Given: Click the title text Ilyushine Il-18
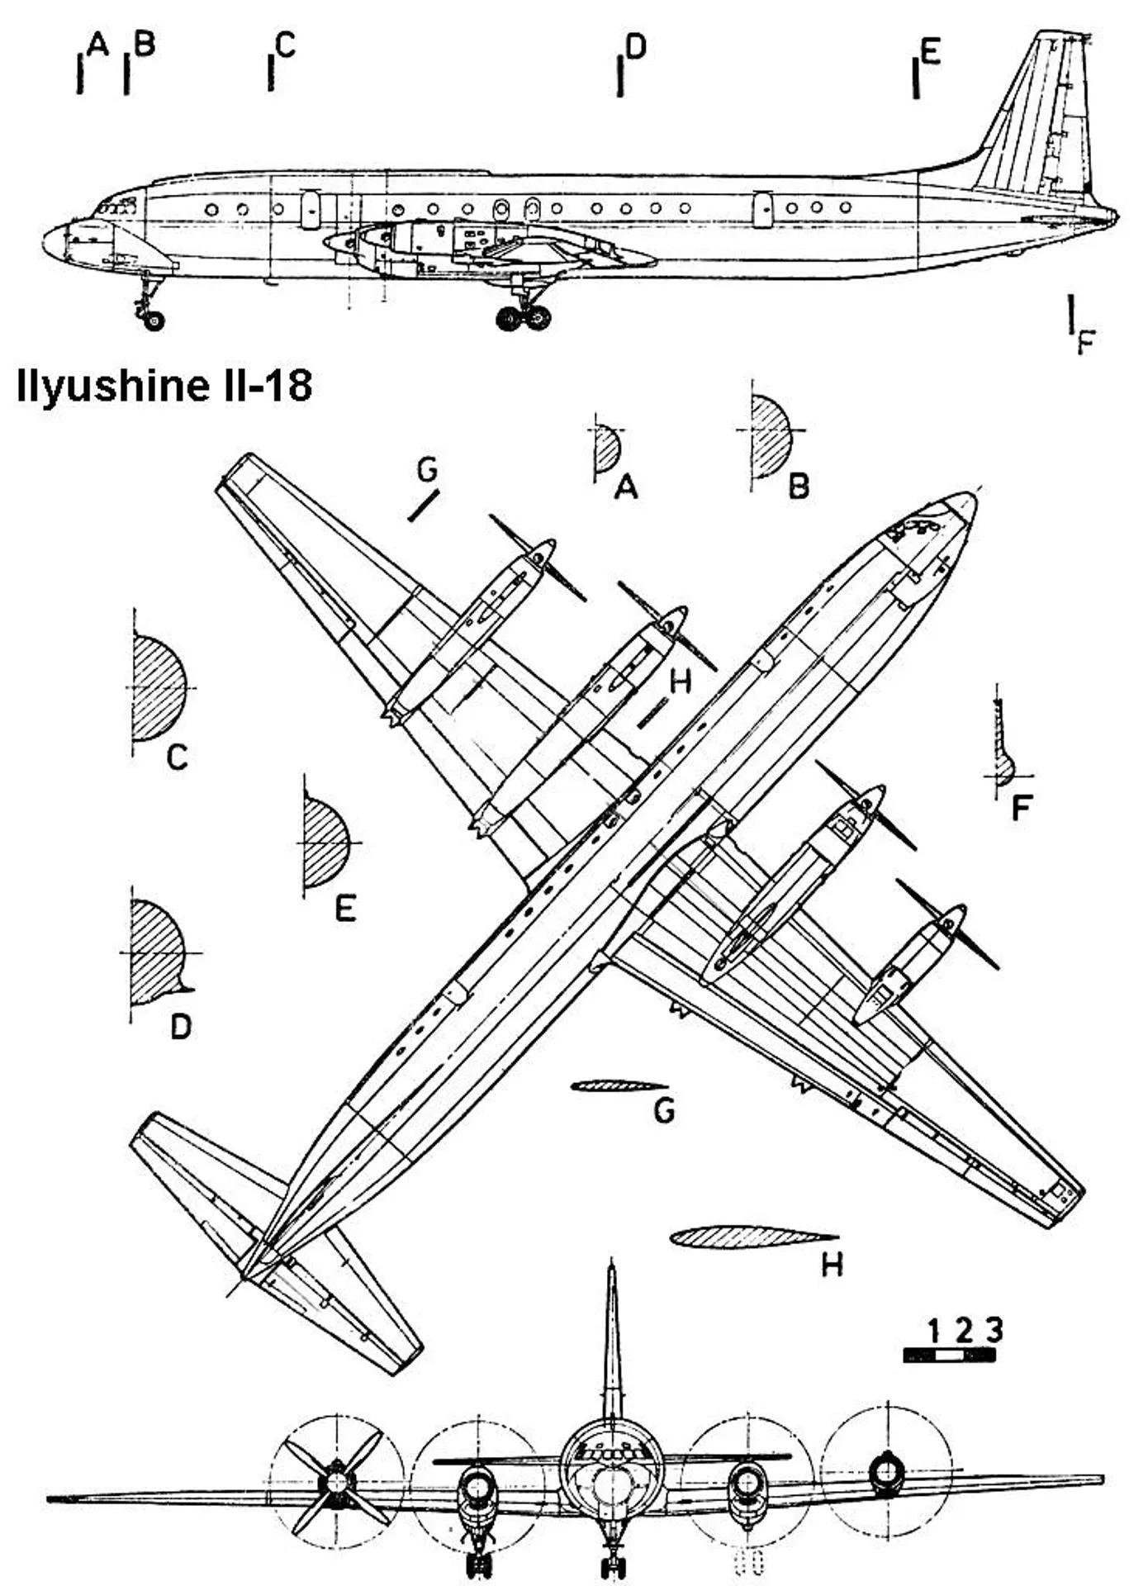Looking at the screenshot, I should click(164, 385).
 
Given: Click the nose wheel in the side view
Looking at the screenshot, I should click(154, 321).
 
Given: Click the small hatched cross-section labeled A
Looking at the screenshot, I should click(606, 449).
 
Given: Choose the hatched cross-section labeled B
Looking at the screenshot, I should click(771, 434).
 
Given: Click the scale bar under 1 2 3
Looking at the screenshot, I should click(950, 1354).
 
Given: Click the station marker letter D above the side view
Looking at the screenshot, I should click(635, 47).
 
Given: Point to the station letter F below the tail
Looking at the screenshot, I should click(1085, 341).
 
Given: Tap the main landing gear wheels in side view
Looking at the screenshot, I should click(524, 317).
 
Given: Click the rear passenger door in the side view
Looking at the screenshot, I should click(762, 210).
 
